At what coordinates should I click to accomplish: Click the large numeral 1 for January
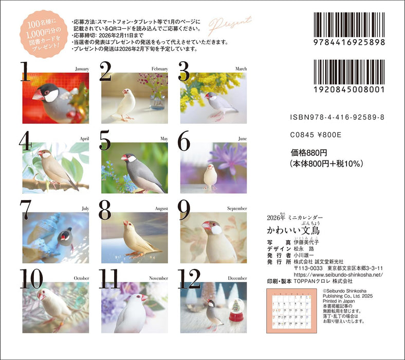click(25, 73)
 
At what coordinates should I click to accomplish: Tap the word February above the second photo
click(159, 68)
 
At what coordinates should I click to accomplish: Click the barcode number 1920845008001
click(348, 88)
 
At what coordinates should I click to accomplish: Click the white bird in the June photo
click(210, 175)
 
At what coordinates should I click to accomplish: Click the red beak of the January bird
click(38, 95)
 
